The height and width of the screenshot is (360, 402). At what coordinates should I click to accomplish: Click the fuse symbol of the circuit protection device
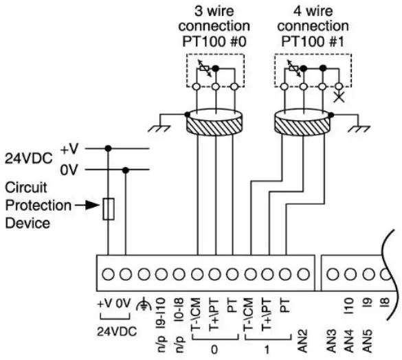108,209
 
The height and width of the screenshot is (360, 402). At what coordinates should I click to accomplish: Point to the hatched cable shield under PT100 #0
216,124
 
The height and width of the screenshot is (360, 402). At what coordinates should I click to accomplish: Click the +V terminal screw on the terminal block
108,273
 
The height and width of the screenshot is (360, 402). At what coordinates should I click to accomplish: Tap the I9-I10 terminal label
161,311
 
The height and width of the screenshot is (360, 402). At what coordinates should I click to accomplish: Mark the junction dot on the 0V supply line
125,170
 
